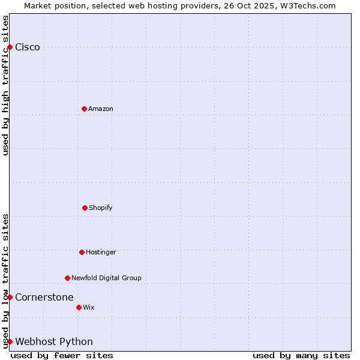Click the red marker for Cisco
click(10, 47)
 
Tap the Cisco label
click(28, 47)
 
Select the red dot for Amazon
click(84, 109)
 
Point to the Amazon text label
click(101, 109)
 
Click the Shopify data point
click(85, 208)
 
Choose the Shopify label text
click(101, 208)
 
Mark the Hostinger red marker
click(82, 252)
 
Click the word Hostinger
click(101, 253)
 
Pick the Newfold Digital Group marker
click(67, 278)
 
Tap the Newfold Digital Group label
click(106, 278)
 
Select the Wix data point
click(79, 307)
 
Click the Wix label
click(89, 308)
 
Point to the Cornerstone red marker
click(10, 297)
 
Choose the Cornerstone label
click(44, 298)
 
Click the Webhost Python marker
click(10, 341)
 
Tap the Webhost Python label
click(54, 342)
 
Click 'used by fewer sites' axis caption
click(62, 355)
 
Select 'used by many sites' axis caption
click(301, 355)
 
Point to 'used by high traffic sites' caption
click(5, 85)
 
